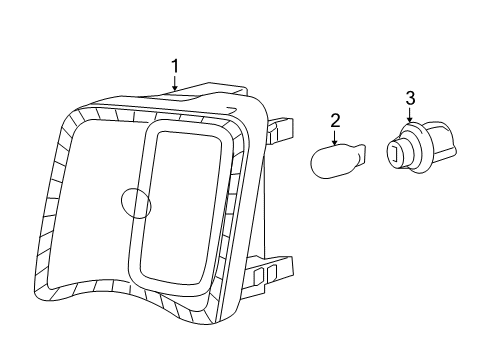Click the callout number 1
175,66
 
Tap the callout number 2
335,121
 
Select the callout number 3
410,98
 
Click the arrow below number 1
175,83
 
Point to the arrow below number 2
335,137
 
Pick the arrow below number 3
410,115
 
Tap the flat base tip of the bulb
362,154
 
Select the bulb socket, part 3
421,147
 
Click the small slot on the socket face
395,153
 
